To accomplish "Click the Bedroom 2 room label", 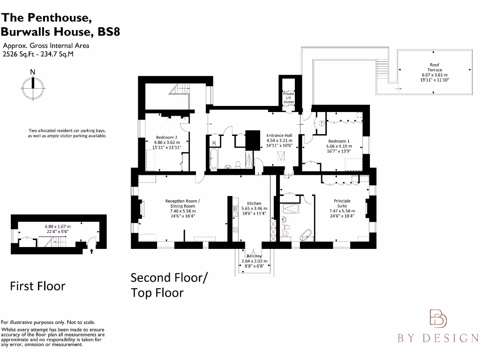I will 166,138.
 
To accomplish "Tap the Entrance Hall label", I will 279,135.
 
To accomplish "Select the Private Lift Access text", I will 289,97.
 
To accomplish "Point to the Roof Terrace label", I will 435,67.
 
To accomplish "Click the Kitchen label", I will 254,203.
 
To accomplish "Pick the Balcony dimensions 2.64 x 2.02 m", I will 254,261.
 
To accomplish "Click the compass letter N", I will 32,72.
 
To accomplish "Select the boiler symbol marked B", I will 214,142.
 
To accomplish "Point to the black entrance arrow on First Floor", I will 92,251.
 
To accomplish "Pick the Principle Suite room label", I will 342,203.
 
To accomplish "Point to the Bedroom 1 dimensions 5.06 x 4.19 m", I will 339,146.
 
